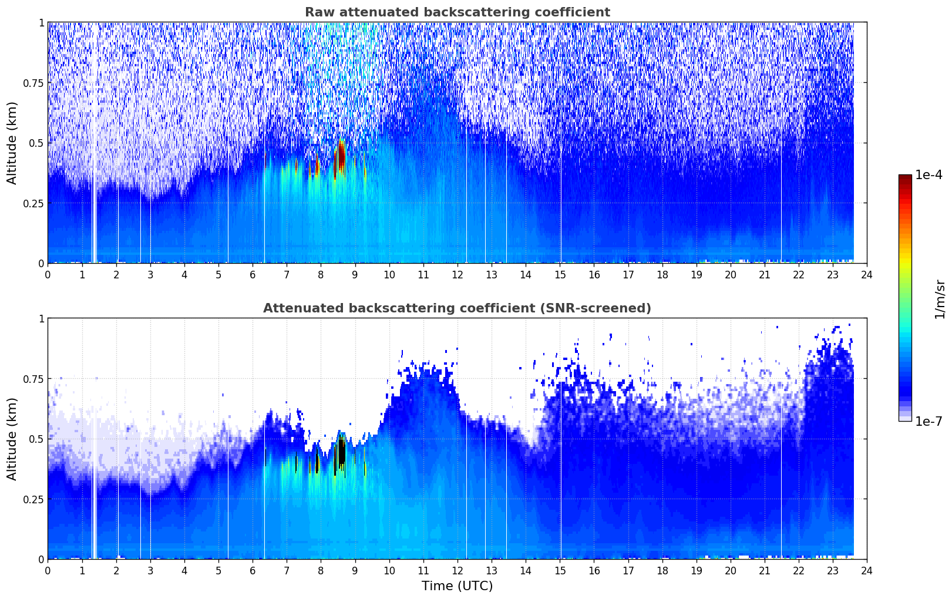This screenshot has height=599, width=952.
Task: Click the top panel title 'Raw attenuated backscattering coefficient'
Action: point(458,12)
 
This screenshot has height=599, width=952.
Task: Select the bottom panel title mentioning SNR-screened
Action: point(457,308)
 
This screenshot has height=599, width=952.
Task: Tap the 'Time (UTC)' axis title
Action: point(458,586)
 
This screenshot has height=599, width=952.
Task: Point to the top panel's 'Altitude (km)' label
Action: point(12,143)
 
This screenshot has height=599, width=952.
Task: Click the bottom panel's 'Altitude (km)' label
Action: point(12,439)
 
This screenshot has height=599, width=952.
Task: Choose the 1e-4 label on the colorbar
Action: point(929,174)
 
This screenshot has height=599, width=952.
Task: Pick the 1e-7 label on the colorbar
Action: point(929,422)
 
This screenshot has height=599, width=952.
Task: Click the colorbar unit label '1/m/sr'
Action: point(940,299)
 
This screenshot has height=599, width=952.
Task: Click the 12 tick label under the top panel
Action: point(458,275)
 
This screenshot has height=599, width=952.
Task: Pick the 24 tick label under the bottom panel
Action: point(867,571)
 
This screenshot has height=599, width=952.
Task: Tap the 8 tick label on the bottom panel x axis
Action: point(321,571)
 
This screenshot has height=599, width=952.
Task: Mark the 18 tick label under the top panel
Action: point(662,275)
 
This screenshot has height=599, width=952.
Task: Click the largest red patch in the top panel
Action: point(341,159)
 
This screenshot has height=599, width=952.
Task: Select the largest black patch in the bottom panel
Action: point(341,455)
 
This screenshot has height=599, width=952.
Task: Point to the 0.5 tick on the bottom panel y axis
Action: point(36,439)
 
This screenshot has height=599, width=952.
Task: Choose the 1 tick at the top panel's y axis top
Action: point(42,22)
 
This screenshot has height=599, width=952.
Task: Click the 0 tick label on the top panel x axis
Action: point(48,275)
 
